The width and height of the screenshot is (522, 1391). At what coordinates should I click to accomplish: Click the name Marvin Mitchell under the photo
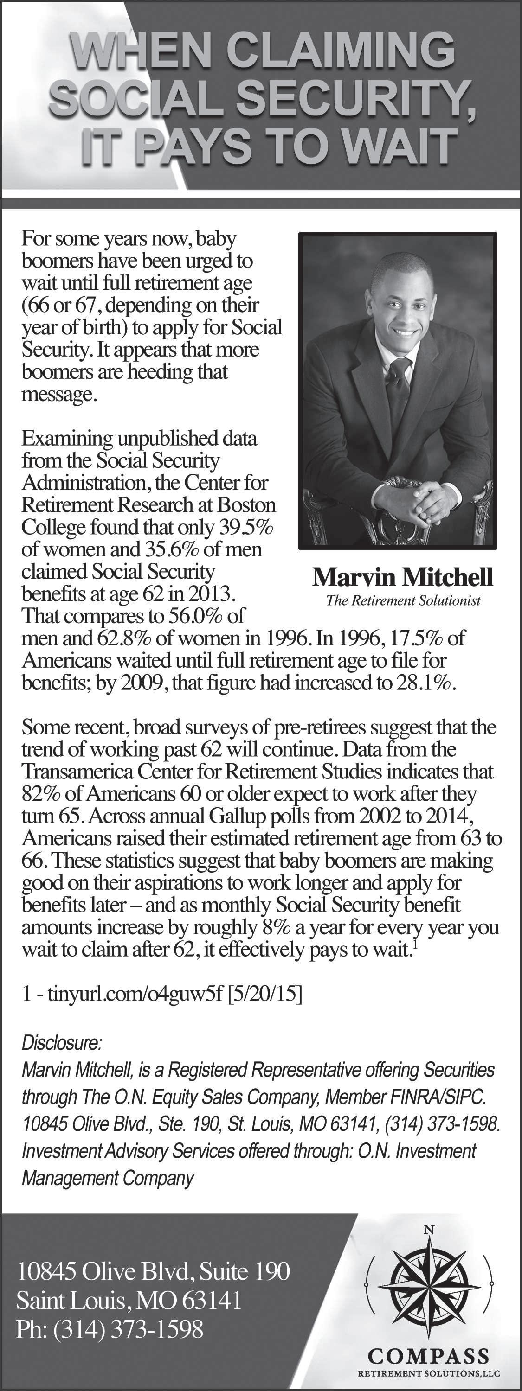(403, 577)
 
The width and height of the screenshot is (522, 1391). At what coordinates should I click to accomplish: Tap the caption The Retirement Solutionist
(403, 600)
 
